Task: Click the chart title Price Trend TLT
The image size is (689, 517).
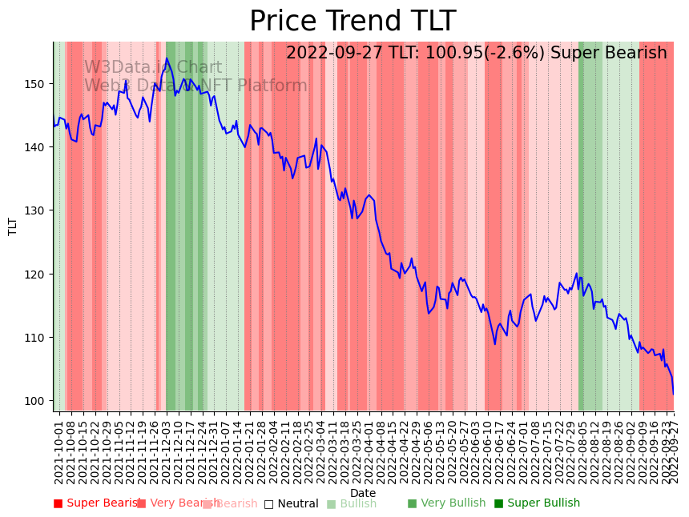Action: coord(353,21)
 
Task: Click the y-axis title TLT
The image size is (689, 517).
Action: coord(13,226)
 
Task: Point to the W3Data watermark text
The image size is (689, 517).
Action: coord(152,68)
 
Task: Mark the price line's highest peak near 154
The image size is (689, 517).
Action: coord(167,58)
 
